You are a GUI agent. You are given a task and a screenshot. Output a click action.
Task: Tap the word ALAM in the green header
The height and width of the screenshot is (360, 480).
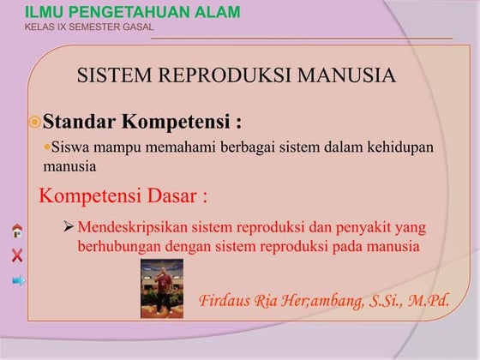[215, 12]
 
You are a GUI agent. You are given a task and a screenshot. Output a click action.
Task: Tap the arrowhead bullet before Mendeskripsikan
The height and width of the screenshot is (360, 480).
[69, 228]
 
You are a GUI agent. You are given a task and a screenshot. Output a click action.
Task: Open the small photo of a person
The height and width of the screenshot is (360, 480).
[162, 288]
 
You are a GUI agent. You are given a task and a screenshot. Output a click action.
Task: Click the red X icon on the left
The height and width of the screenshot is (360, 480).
[17, 255]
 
